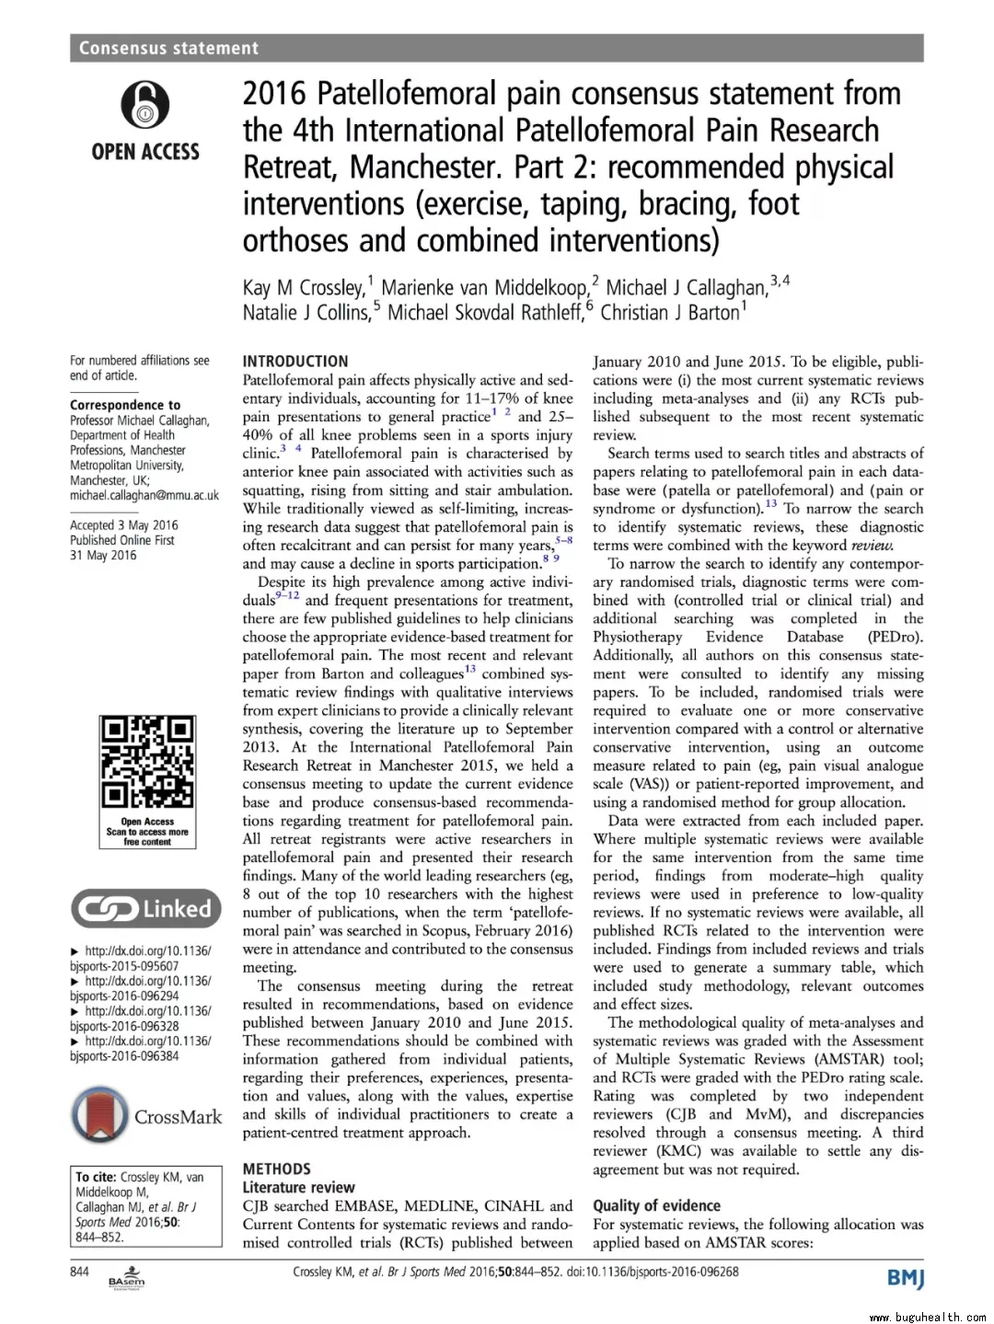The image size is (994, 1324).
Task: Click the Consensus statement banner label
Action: click(168, 48)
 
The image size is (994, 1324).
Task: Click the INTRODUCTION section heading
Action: click(295, 362)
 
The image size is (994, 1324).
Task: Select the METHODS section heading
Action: click(277, 1169)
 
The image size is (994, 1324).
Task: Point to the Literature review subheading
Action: click(298, 1187)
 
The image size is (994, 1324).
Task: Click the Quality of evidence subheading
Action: click(656, 1205)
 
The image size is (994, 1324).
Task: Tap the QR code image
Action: click(146, 763)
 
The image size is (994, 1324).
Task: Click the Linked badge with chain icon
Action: click(146, 909)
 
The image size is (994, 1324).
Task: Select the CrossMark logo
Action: click(146, 1116)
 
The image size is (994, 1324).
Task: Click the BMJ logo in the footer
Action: click(905, 1278)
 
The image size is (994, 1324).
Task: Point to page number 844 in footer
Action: click(80, 1272)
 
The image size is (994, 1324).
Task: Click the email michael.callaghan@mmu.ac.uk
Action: click(144, 495)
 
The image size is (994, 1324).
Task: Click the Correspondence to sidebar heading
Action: click(125, 405)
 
